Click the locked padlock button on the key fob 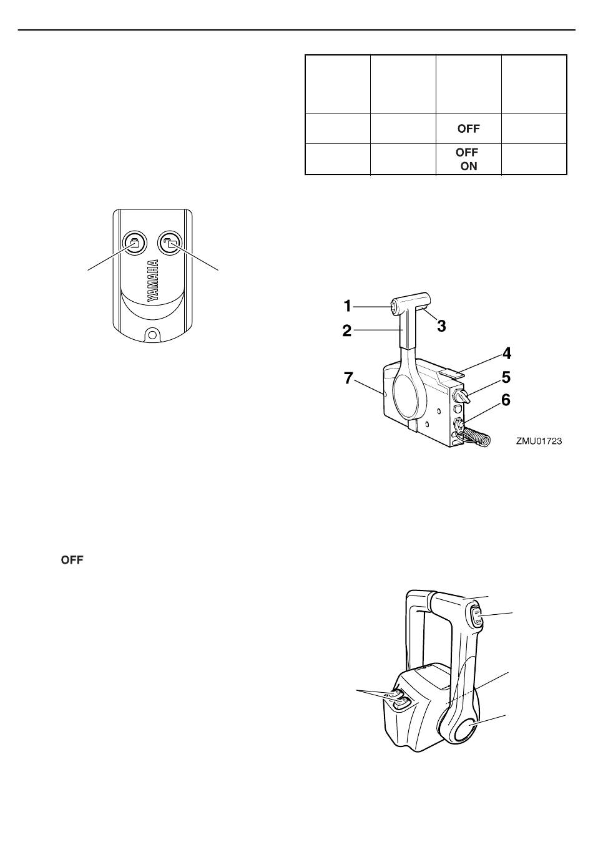coord(135,243)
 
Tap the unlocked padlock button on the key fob coord(170,243)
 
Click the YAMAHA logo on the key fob coord(153,281)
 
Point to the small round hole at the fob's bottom coord(152,334)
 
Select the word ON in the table coord(469,166)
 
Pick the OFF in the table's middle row coord(468,128)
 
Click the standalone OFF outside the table coord(72,560)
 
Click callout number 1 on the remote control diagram coord(348,306)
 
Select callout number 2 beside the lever coord(347,330)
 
